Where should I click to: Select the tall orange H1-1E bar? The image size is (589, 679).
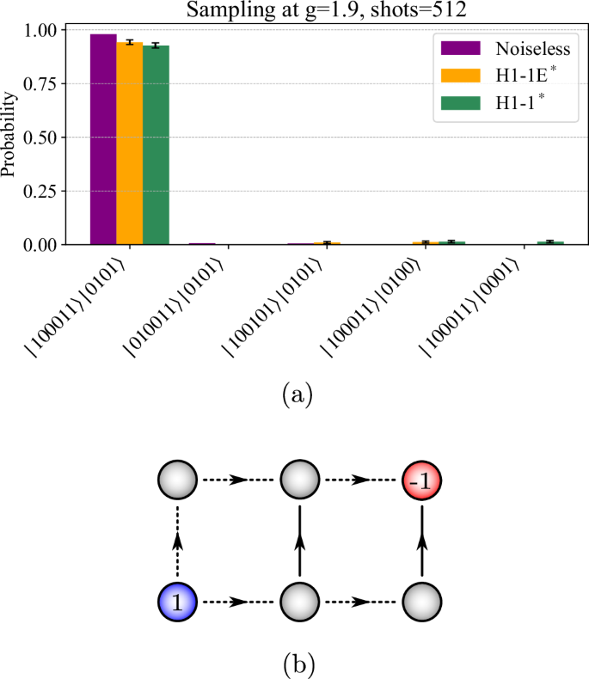coord(130,143)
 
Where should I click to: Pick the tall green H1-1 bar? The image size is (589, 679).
coord(156,144)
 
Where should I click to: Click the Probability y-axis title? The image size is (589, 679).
coord(10,138)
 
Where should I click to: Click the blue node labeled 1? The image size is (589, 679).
coord(177,603)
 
